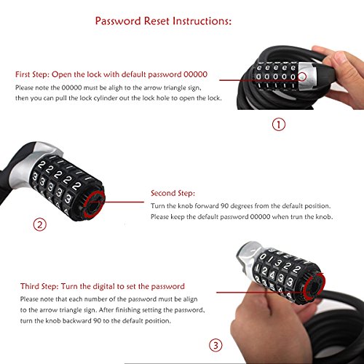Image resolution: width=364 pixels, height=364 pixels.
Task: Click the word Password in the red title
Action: click(118, 21)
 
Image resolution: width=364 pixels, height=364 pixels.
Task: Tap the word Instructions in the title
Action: click(202, 21)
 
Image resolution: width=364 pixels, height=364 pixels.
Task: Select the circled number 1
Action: click(279, 124)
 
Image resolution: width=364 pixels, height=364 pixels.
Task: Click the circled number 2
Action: click(39, 225)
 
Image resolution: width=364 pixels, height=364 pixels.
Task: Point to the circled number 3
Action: click(215, 345)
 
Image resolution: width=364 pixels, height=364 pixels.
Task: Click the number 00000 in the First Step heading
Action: click(195, 74)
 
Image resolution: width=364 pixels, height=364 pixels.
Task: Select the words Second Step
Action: click(173, 193)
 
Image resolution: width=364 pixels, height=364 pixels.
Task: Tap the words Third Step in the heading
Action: click(39, 286)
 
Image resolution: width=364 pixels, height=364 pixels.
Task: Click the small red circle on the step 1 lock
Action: click(302, 76)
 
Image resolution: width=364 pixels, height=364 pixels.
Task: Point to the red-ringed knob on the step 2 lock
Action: click(95, 204)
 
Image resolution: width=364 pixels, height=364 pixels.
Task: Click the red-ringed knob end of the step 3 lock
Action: click(314, 287)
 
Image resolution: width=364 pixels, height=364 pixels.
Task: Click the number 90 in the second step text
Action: click(224, 206)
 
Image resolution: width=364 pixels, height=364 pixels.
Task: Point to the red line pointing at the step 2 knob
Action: click(124, 202)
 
